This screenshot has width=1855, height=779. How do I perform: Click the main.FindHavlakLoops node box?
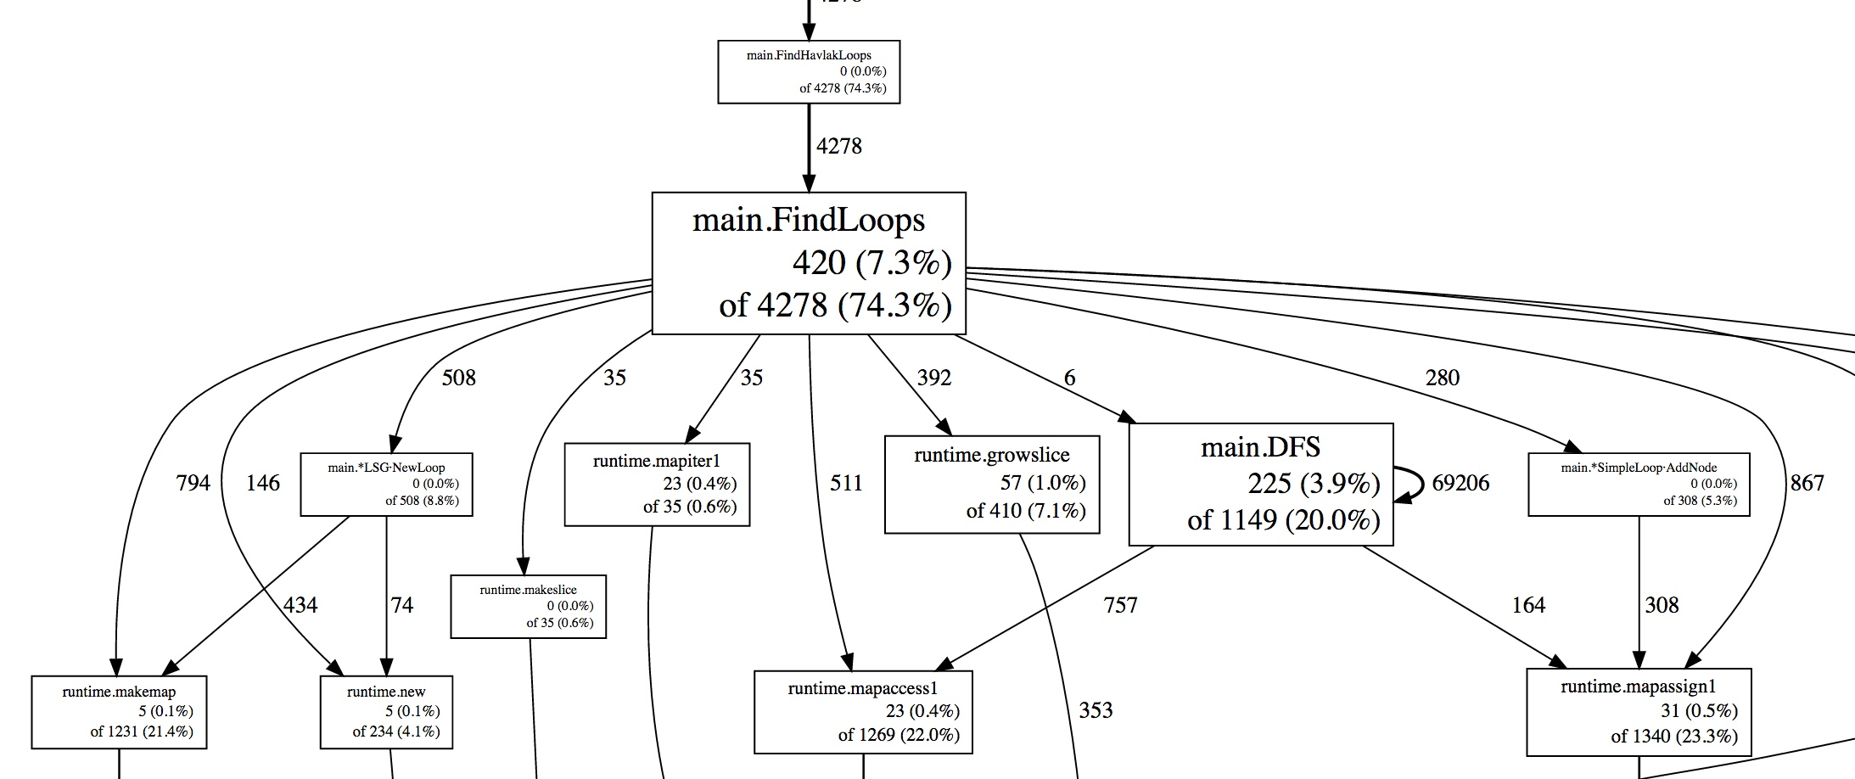click(x=808, y=72)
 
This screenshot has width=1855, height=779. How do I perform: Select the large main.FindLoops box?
click(x=808, y=263)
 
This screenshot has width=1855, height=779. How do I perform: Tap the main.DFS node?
click(x=1260, y=484)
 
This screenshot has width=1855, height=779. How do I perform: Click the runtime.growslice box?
click(x=991, y=485)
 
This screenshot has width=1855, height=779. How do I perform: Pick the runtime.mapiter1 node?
click(x=656, y=485)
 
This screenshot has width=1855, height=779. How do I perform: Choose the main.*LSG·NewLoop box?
click(x=386, y=485)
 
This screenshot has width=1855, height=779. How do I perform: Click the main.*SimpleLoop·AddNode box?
click(x=1638, y=485)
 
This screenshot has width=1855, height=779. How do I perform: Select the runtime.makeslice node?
click(x=528, y=607)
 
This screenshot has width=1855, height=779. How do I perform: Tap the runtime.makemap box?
click(x=119, y=712)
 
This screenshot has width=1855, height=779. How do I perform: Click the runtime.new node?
click(x=386, y=712)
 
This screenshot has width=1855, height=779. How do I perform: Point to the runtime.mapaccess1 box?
click(x=863, y=712)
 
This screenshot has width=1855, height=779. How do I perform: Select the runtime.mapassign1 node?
click(x=1638, y=712)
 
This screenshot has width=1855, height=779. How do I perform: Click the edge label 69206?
click(x=1460, y=483)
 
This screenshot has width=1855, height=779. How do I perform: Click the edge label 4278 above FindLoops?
click(x=838, y=147)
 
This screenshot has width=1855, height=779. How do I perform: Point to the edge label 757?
click(x=1120, y=605)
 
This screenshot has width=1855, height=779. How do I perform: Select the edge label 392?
click(x=933, y=378)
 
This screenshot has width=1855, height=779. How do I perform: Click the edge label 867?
click(x=1807, y=483)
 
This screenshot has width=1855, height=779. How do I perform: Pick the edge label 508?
click(x=458, y=378)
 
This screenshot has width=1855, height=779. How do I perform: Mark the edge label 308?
click(x=1662, y=605)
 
